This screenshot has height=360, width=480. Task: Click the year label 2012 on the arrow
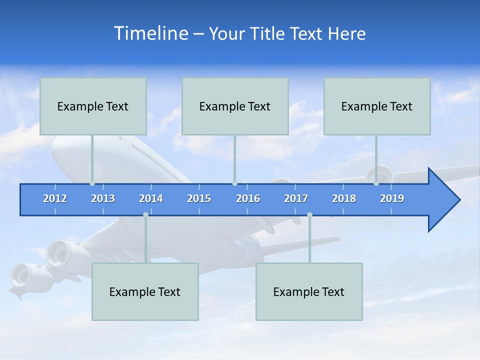pyautogui.click(x=55, y=198)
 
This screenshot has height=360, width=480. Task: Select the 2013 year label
pyautogui.click(x=103, y=198)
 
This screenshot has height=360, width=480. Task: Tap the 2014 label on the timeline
pyautogui.click(x=151, y=198)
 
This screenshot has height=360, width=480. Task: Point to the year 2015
pyautogui.click(x=199, y=198)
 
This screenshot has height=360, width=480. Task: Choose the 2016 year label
pyautogui.click(x=248, y=198)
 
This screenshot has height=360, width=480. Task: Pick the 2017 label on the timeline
pyautogui.click(x=296, y=198)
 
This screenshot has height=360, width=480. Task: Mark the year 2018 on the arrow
pyautogui.click(x=344, y=198)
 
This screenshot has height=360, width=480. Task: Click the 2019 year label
pyautogui.click(x=392, y=198)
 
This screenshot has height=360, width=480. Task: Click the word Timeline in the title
pyautogui.click(x=150, y=33)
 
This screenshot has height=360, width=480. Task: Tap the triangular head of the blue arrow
pyautogui.click(x=443, y=200)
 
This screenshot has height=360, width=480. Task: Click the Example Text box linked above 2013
pyautogui.click(x=93, y=106)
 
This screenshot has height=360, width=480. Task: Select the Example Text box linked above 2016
pyautogui.click(x=235, y=106)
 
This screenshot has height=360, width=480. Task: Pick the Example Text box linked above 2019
pyautogui.click(x=377, y=106)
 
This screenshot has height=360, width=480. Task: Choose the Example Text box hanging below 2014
pyautogui.click(x=145, y=291)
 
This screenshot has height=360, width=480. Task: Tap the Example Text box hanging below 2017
pyautogui.click(x=309, y=291)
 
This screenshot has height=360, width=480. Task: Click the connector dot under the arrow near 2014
pyautogui.click(x=145, y=214)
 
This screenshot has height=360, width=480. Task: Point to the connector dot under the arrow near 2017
pyautogui.click(x=309, y=214)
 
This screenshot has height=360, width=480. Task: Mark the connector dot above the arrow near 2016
pyautogui.click(x=234, y=183)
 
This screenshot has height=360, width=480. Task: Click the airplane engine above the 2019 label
pyautogui.click(x=380, y=174)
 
